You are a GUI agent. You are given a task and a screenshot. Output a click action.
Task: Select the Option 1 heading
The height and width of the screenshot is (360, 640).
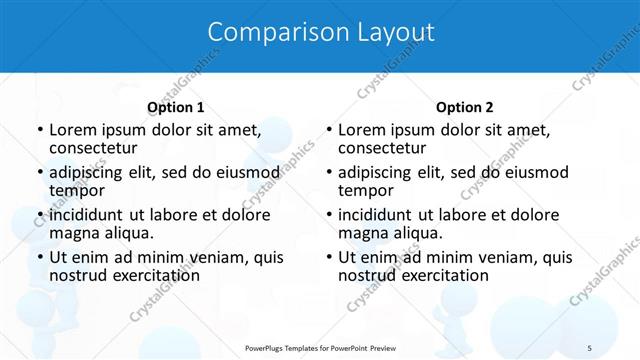point(176,107)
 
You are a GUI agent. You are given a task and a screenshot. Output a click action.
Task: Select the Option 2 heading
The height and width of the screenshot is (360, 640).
point(465,107)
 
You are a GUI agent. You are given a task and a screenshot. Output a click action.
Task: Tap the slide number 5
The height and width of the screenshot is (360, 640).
point(590,347)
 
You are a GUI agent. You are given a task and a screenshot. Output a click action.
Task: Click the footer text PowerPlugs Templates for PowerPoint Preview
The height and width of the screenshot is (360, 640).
point(321,347)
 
